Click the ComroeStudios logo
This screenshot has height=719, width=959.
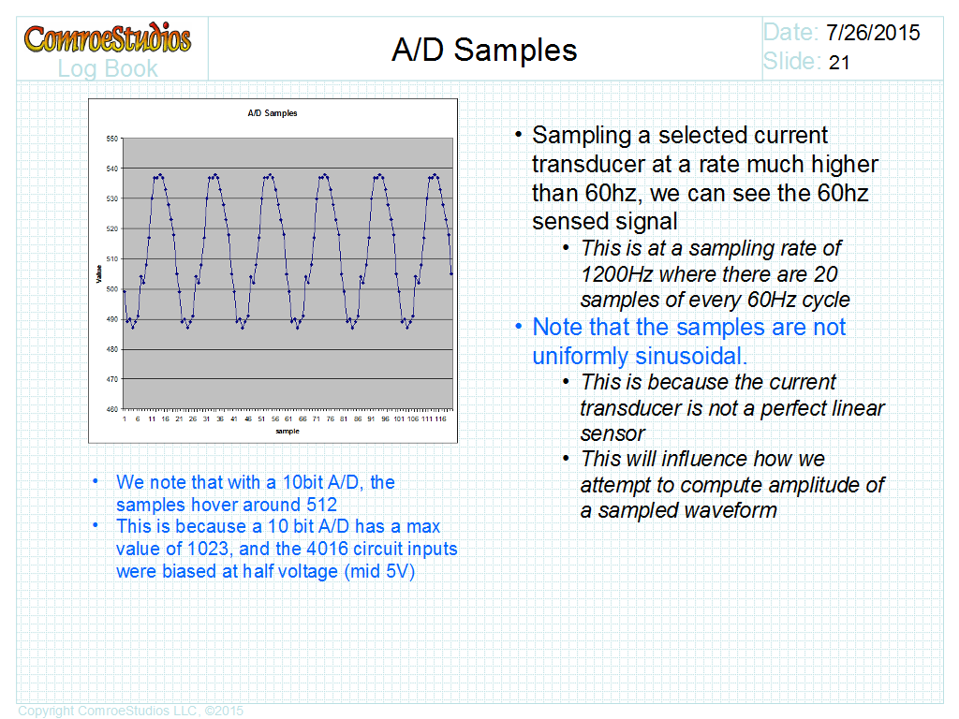pos(108,37)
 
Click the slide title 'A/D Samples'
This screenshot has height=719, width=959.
pos(484,50)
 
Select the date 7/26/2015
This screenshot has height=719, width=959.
pos(873,33)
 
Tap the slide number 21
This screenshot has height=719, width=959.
pos(839,63)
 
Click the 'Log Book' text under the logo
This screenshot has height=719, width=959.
pos(108,68)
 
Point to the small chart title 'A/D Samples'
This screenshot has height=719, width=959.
pos(273,113)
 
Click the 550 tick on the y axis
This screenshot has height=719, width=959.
pos(112,139)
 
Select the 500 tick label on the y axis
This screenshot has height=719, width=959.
pos(112,289)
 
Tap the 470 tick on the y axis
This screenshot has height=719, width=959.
pos(112,379)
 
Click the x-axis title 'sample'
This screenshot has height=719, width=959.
pos(288,431)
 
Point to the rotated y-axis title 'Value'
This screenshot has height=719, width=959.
pos(98,274)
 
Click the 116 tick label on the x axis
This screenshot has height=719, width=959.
pos(440,418)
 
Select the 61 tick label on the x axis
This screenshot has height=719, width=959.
pos(288,418)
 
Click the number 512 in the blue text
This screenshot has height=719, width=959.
pos(322,505)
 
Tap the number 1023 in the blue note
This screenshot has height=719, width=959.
pos(209,549)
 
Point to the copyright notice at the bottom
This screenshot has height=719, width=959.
pos(130,711)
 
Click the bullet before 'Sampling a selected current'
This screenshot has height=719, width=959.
pos(518,134)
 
